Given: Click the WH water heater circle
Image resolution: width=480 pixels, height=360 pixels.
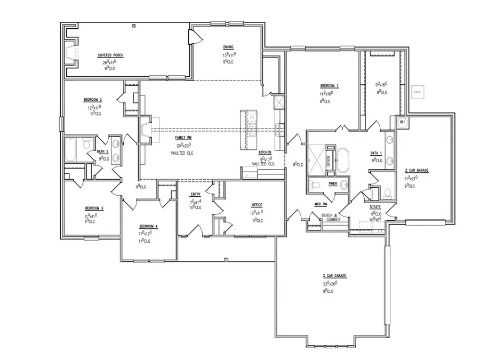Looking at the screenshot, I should [402, 122].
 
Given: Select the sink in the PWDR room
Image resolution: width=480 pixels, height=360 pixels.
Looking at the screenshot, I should [344, 185].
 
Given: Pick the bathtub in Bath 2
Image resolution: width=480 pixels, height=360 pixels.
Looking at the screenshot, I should [71, 149].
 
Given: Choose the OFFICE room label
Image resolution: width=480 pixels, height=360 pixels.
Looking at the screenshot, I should [257, 205].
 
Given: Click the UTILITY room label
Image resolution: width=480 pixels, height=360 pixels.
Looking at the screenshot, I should [375, 206].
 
